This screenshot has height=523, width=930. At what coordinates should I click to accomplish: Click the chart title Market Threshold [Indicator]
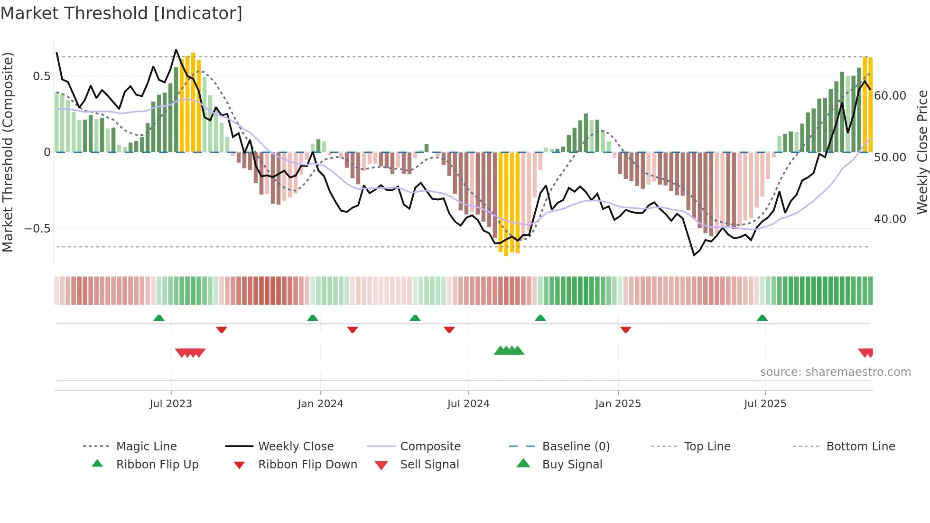pos(121,13)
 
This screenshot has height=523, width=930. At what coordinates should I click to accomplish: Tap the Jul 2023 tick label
pos(170,404)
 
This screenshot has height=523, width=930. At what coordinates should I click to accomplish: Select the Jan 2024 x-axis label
pos(320,404)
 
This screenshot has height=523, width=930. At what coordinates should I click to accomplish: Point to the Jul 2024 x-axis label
pos(468,404)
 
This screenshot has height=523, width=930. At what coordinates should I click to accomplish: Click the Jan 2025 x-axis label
pos(618,404)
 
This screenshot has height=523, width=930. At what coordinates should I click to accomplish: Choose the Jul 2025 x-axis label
pos(765,404)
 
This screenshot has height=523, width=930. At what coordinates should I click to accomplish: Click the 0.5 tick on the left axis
pos(41,76)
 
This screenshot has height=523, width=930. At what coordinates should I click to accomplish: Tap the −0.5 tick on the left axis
pos(37,229)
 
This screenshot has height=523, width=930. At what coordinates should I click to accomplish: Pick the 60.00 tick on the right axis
pos(890,96)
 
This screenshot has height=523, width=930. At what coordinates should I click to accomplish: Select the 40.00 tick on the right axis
pos(890,219)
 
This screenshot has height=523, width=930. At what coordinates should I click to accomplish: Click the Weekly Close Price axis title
pos(922,152)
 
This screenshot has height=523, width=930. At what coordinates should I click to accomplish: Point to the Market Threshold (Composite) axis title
pos(8,152)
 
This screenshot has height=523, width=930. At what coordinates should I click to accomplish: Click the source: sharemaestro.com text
pos(835,372)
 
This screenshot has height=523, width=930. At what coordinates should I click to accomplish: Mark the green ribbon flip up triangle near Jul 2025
pos(762,318)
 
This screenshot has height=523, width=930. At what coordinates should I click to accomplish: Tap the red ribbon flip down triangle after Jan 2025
pos(625,329)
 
